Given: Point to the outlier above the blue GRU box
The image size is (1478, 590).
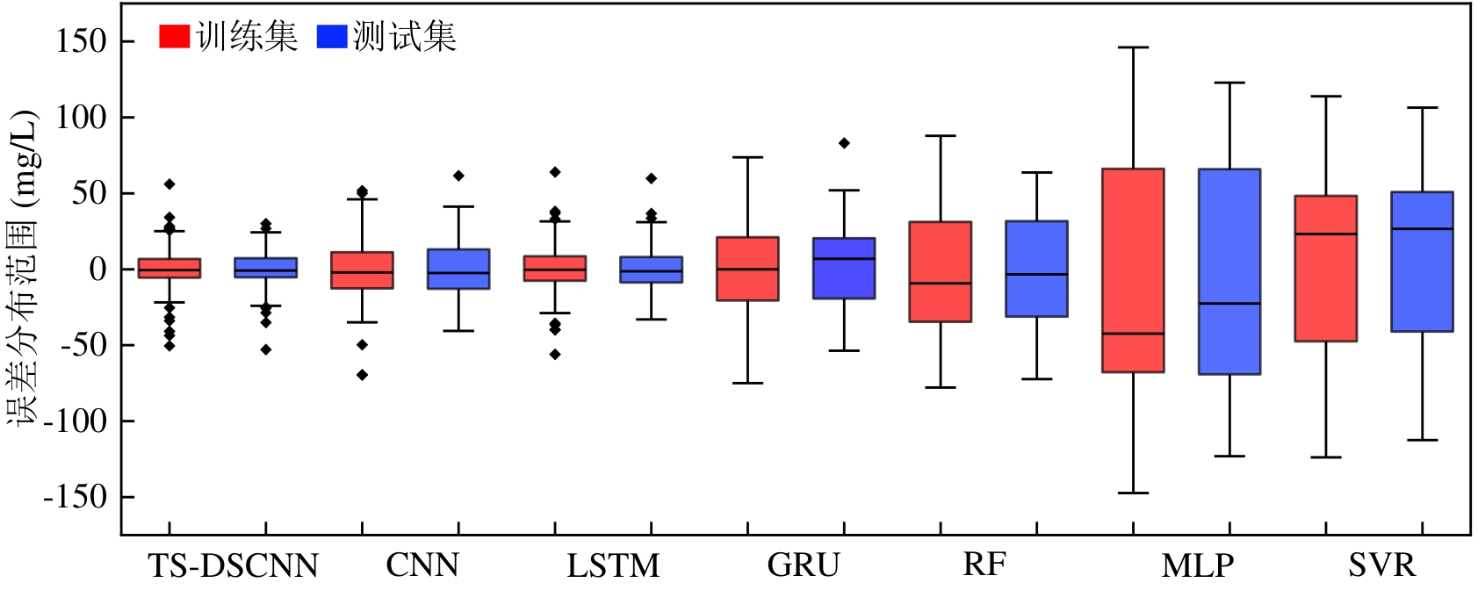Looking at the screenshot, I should pyautogui.click(x=844, y=143).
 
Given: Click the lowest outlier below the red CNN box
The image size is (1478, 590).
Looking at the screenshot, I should pyautogui.click(x=362, y=375).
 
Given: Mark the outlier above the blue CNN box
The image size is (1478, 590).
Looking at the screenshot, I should pyautogui.click(x=458, y=176).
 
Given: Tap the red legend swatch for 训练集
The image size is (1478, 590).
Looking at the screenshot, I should pyautogui.click(x=174, y=36).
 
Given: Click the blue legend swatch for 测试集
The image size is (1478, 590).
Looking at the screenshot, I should pyautogui.click(x=332, y=36).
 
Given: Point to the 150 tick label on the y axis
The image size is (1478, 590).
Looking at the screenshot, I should pyautogui.click(x=81, y=40).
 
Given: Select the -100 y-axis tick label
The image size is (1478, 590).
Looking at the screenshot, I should pyautogui.click(x=75, y=421).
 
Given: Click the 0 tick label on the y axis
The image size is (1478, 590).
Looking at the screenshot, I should pyautogui.click(x=97, y=269).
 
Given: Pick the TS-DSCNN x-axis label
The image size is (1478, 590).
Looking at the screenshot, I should pyautogui.click(x=233, y=565).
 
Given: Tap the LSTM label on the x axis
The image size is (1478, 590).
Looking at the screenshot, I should pyautogui.click(x=613, y=565).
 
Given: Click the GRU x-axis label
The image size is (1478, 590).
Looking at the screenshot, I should pyautogui.click(x=804, y=565).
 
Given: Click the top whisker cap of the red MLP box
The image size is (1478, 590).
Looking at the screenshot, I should pyautogui.click(x=1133, y=47).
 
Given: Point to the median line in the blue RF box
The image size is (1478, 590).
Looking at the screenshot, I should pyautogui.click(x=1036, y=275).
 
